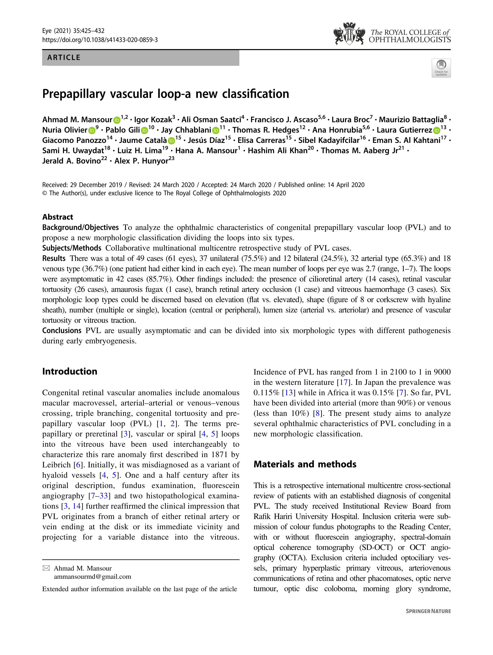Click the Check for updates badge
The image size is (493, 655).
(x=441, y=68)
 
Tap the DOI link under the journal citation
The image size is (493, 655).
(x=100, y=40)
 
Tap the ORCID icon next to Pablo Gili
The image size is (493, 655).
(x=144, y=130)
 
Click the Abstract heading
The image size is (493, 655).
(x=57, y=217)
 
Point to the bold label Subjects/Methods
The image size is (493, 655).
(x=72, y=248)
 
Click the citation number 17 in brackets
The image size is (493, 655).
(x=344, y=382)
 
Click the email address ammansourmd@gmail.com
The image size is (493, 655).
(x=92, y=576)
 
